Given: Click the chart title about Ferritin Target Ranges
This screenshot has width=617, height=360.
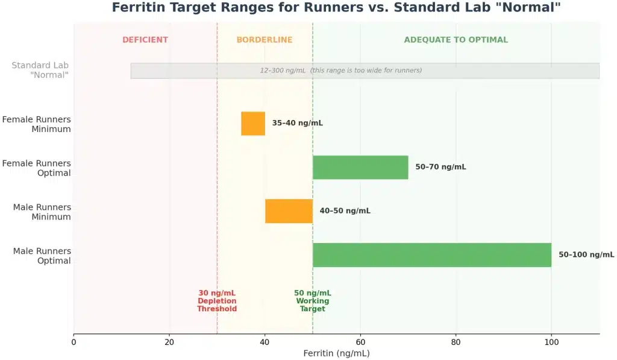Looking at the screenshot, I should [336, 8].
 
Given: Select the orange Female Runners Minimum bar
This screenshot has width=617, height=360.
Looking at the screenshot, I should [253, 124].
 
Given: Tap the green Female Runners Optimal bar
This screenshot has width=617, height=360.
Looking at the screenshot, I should [360, 167].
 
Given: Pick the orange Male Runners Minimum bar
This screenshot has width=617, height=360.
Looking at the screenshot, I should [289, 211].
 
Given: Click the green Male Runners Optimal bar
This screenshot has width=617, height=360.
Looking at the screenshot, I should [431, 255].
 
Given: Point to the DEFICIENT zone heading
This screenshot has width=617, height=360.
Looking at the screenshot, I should [145, 40].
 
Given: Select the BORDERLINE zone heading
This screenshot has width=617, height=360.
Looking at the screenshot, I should [265, 40].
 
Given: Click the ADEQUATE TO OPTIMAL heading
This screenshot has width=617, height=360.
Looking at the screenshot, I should [456, 40].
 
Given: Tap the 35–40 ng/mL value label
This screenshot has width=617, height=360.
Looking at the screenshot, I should [297, 123].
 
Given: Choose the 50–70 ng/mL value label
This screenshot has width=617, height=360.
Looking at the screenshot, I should [440, 167].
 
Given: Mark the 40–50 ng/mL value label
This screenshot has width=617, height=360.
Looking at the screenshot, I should [345, 211].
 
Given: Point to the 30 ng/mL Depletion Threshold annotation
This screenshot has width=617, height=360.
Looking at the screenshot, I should [217, 301].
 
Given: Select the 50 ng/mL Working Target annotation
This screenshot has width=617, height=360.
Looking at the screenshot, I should [313, 301].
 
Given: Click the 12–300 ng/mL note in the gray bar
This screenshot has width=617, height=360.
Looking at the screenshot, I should [340, 71].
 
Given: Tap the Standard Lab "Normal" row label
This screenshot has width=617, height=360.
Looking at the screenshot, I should [40, 70].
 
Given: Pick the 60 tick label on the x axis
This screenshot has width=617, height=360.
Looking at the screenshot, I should [360, 342].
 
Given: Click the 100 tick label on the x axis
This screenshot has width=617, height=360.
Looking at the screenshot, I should [551, 342].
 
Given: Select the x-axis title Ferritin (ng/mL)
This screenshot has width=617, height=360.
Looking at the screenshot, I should [336, 353].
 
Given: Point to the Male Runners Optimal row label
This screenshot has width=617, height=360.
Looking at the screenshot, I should [42, 256].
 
